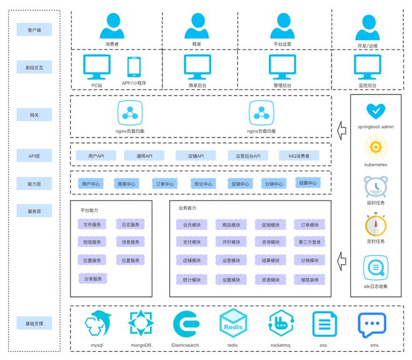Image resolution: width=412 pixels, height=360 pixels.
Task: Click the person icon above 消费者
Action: pyautogui.click(x=112, y=26)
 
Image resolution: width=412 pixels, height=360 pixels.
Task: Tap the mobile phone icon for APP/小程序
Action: pyautogui.click(x=134, y=66)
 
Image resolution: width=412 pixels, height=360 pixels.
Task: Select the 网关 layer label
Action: pyautogui.click(x=35, y=115)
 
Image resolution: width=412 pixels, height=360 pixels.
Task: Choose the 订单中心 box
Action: pyautogui.click(x=165, y=184)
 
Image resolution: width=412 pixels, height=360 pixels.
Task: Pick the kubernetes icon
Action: pyautogui.click(x=376, y=147)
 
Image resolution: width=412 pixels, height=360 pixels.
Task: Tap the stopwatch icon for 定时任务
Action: pyautogui.click(x=376, y=225)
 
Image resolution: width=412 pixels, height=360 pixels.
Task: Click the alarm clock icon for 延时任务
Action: pyautogui.click(x=376, y=186)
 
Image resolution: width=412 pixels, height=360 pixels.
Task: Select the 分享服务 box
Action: pyautogui.click(x=92, y=279)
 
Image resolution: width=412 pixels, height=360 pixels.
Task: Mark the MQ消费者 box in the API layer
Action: pyautogui.click(x=298, y=155)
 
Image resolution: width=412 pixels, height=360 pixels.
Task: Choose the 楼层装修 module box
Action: pyautogui.click(x=310, y=280)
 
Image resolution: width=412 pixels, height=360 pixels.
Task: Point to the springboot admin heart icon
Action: pyautogui.click(x=376, y=111)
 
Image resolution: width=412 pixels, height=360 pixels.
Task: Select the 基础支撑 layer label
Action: pyautogui.click(x=35, y=324)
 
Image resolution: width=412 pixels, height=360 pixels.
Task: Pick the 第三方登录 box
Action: pyautogui.click(x=310, y=242)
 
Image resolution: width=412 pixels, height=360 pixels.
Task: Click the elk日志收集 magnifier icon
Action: pyautogui.click(x=376, y=268)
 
